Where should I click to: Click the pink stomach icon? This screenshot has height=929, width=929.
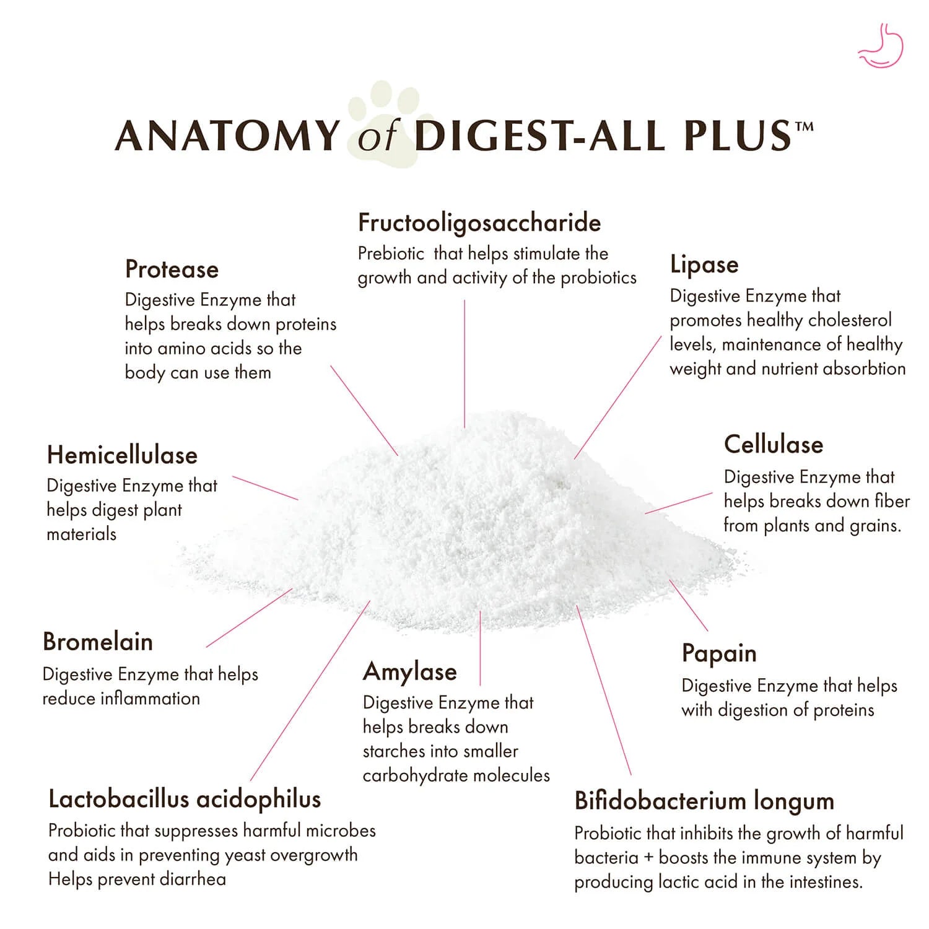point(881,45)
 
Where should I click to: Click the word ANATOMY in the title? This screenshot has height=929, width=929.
point(228,136)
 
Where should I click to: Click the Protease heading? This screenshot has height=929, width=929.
point(172,269)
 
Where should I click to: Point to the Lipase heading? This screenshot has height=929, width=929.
point(704,265)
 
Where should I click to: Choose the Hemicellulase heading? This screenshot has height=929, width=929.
point(122,455)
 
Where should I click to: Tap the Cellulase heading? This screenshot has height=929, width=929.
point(774,445)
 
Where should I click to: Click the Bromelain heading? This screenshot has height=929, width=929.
point(98,642)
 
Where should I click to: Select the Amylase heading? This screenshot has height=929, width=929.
point(410,672)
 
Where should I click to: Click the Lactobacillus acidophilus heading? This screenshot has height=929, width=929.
point(185,800)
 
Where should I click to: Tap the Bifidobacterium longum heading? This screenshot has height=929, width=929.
point(704,801)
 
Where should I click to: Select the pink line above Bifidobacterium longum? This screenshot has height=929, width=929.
point(604,690)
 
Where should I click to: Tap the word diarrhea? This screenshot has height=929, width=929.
point(193,879)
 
